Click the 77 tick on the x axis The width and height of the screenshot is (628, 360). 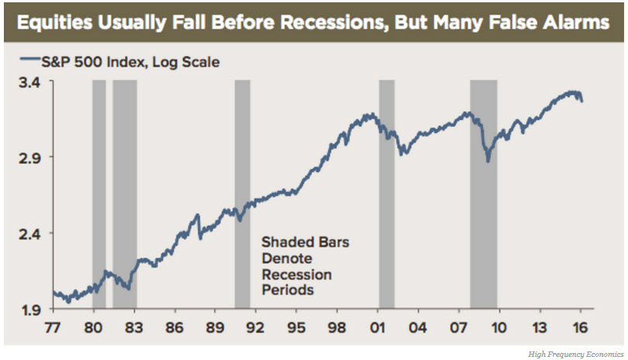(53, 326)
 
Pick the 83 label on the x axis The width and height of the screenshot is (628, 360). (134, 326)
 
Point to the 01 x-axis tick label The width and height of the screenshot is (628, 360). (378, 326)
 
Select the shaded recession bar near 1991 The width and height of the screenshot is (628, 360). (242, 194)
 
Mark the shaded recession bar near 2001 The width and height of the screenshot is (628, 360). (386, 194)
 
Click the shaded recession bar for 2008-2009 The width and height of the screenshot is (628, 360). (483, 194)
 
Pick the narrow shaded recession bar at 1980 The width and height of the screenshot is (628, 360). (98, 194)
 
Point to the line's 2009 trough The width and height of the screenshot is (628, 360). (488, 161)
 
